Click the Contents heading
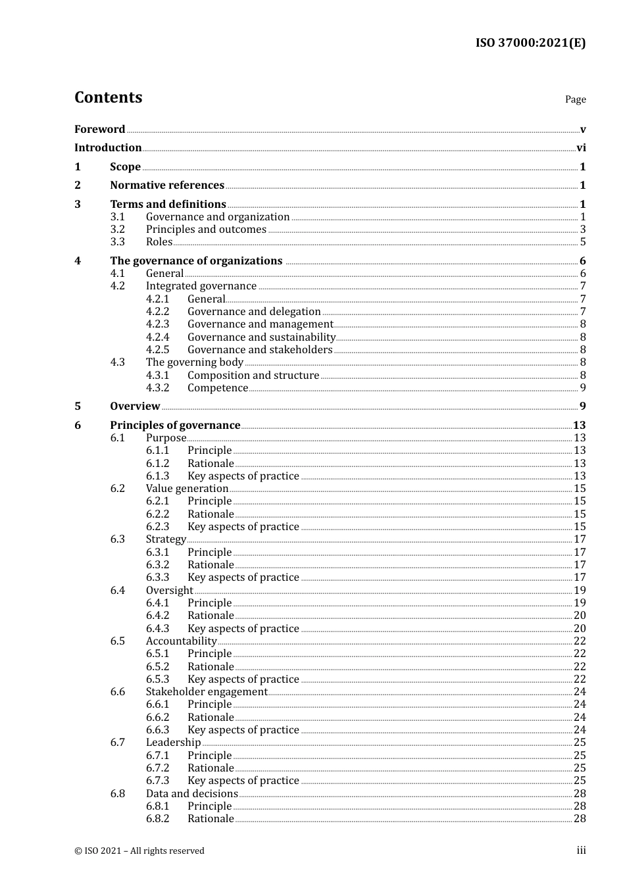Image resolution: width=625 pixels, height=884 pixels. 108,97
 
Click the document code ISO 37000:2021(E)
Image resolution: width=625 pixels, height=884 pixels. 530,43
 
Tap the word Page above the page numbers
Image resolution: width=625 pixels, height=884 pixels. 575,99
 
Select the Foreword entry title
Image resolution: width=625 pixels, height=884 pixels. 99,129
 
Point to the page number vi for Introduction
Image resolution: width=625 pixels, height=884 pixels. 581,148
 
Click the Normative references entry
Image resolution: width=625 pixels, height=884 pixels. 167,185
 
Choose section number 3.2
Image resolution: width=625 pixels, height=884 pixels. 117,230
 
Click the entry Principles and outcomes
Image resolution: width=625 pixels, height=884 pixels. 206,230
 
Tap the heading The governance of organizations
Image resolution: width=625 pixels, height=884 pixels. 196,261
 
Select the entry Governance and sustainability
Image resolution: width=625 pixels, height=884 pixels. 261,337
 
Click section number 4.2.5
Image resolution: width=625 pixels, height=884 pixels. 157,350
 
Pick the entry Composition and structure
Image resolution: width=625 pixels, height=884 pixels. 253,376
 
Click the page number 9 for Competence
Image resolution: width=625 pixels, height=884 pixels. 582,388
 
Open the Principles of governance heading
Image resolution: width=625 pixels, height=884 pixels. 175,426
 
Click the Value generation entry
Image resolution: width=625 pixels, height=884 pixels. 187,489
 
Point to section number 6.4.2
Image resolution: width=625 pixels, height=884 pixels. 157,616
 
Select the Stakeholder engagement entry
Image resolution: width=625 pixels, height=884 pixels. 207,692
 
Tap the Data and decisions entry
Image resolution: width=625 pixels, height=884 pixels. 191,794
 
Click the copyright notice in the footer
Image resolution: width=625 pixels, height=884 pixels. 139,851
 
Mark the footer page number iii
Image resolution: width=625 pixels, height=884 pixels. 581,850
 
